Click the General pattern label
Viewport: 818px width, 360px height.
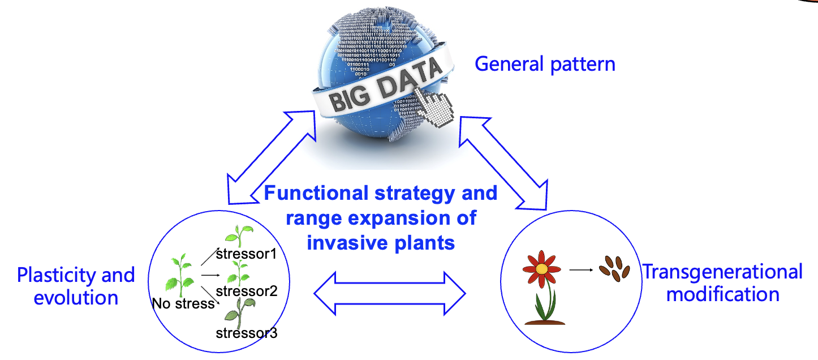coord(545,64)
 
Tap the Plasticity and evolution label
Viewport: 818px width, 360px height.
coord(76,286)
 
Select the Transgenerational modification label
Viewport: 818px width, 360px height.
coord(722,282)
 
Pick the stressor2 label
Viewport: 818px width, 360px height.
coord(247,291)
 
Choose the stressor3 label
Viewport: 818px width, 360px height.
coord(247,332)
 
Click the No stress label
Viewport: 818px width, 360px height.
coord(183,304)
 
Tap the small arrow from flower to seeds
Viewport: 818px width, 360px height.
coord(580,270)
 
